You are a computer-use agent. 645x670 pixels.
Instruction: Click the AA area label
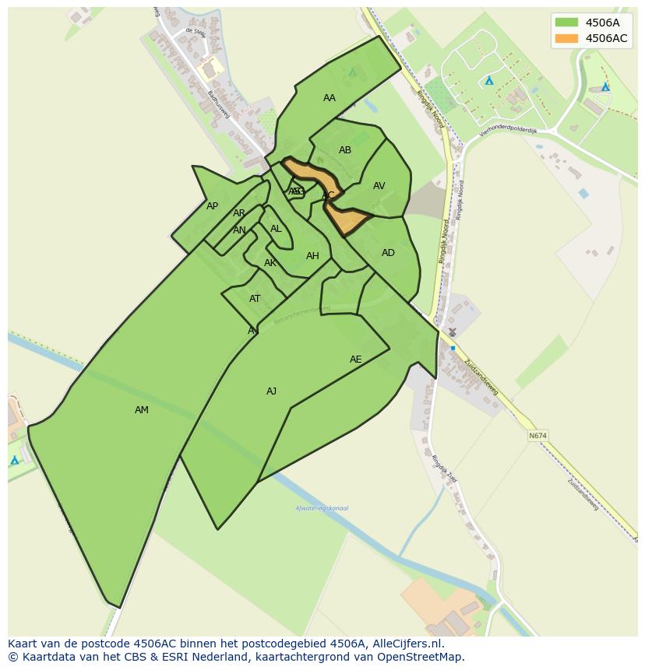(330, 98)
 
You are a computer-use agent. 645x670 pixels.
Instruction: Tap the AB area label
(345, 150)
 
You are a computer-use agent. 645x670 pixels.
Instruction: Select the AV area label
(379, 186)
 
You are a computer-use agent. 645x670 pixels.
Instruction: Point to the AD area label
(388, 253)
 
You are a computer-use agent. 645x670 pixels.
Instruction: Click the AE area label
(356, 360)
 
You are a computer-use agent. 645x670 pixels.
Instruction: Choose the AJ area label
(271, 391)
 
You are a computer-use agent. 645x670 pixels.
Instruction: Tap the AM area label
(141, 410)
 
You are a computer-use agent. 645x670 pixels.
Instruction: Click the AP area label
(212, 206)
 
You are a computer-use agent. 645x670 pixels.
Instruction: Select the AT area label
(255, 299)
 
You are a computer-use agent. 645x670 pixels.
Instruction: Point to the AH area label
(312, 256)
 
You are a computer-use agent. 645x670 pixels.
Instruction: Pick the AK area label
(270, 263)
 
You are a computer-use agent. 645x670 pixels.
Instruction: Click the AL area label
(276, 229)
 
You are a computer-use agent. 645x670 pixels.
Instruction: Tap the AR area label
(239, 213)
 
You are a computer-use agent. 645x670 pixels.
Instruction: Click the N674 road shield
(537, 436)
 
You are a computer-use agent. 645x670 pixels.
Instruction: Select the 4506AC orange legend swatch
(566, 38)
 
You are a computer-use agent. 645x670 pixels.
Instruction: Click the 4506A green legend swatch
(566, 23)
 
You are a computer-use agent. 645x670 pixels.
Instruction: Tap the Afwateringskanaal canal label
(322, 508)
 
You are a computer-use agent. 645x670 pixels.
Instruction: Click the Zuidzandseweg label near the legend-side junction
(481, 377)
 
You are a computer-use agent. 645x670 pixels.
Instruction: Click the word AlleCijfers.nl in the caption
(416, 644)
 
